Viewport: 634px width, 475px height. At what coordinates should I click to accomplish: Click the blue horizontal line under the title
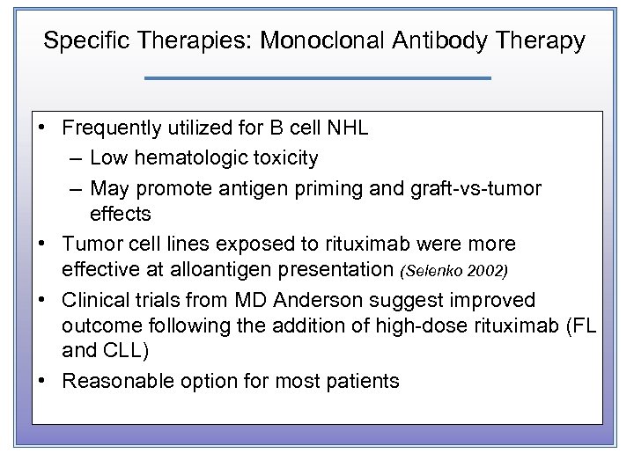pos(317,78)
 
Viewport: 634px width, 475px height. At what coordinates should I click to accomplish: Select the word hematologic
pos(181,158)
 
